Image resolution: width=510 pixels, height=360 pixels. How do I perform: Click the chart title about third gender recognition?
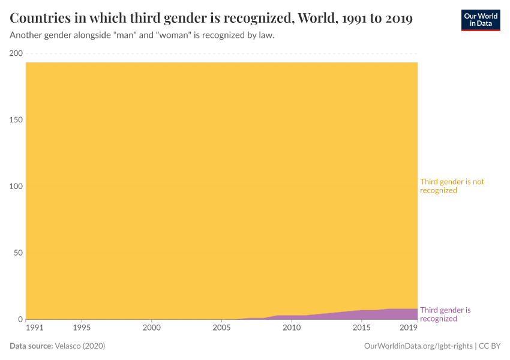click(211, 19)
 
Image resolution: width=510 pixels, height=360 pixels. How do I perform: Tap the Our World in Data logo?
click(480, 20)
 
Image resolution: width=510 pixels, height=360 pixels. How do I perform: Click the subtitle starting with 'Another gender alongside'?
click(142, 35)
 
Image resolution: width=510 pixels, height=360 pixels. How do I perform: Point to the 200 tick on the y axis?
click(16, 53)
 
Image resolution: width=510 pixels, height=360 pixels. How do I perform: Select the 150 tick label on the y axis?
click(16, 120)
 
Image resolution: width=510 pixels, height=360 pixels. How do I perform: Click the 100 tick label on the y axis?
click(16, 187)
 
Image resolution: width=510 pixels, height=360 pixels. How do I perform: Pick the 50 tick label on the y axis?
click(18, 253)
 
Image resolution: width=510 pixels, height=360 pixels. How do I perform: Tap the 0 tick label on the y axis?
click(20, 319)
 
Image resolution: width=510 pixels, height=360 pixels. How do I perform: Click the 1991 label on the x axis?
click(35, 328)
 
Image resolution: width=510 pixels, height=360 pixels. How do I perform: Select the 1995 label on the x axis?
click(82, 328)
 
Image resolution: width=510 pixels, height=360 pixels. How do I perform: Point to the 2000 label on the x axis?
click(152, 328)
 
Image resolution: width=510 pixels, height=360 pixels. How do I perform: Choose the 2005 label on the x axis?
click(221, 328)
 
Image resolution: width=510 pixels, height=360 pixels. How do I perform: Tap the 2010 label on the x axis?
click(292, 328)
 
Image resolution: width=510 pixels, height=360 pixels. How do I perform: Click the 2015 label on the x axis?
click(361, 328)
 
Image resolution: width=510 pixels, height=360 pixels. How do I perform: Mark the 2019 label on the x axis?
click(409, 328)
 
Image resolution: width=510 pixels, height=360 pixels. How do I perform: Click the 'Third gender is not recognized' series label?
click(452, 186)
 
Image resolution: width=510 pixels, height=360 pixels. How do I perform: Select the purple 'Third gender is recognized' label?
click(445, 314)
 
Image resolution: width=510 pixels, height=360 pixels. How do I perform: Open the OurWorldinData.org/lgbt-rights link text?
click(419, 346)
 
